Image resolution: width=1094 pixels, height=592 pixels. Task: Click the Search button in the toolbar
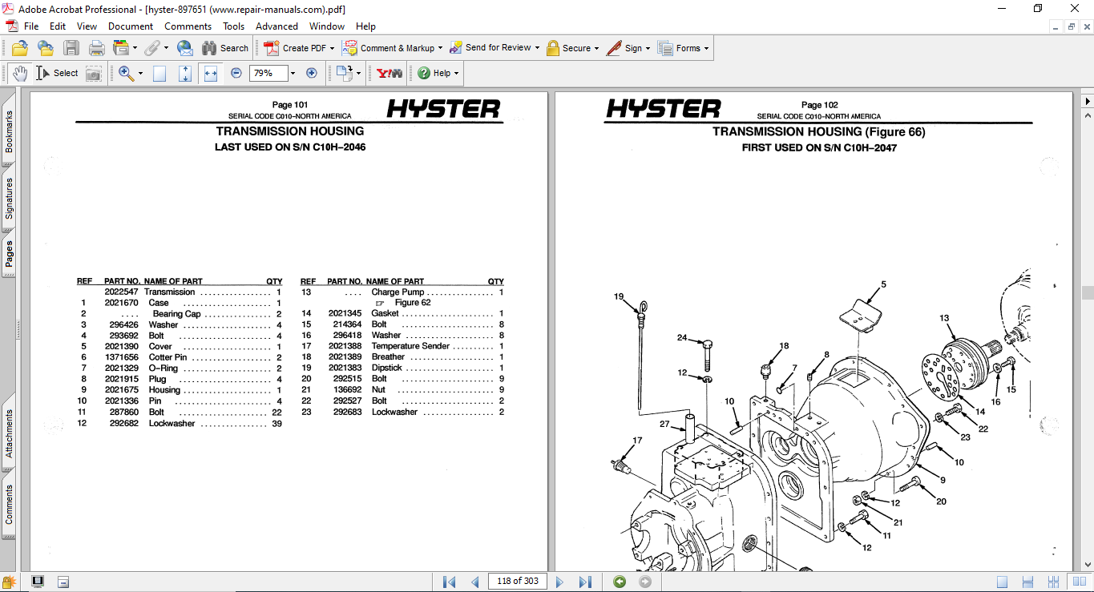225,48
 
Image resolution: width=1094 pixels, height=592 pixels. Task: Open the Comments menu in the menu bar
188,26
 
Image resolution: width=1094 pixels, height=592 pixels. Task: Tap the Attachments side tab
9,433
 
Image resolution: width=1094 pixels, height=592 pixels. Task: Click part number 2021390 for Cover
121,347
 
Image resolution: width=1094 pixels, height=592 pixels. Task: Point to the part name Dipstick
386,368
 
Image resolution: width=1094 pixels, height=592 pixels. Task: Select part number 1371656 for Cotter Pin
121,357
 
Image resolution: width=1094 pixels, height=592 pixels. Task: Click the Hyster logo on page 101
443,109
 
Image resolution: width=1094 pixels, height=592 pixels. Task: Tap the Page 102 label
819,105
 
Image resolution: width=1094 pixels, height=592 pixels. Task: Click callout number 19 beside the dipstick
619,296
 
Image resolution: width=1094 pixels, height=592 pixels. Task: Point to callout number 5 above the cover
883,284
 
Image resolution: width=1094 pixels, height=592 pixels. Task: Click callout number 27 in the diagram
664,424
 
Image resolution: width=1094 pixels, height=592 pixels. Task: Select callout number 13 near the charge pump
944,318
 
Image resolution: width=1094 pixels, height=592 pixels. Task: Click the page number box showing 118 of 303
517,581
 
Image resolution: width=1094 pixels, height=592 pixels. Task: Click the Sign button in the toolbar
628,48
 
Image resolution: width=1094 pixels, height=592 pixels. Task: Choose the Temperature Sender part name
411,347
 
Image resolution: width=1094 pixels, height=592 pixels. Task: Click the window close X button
1074,8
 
